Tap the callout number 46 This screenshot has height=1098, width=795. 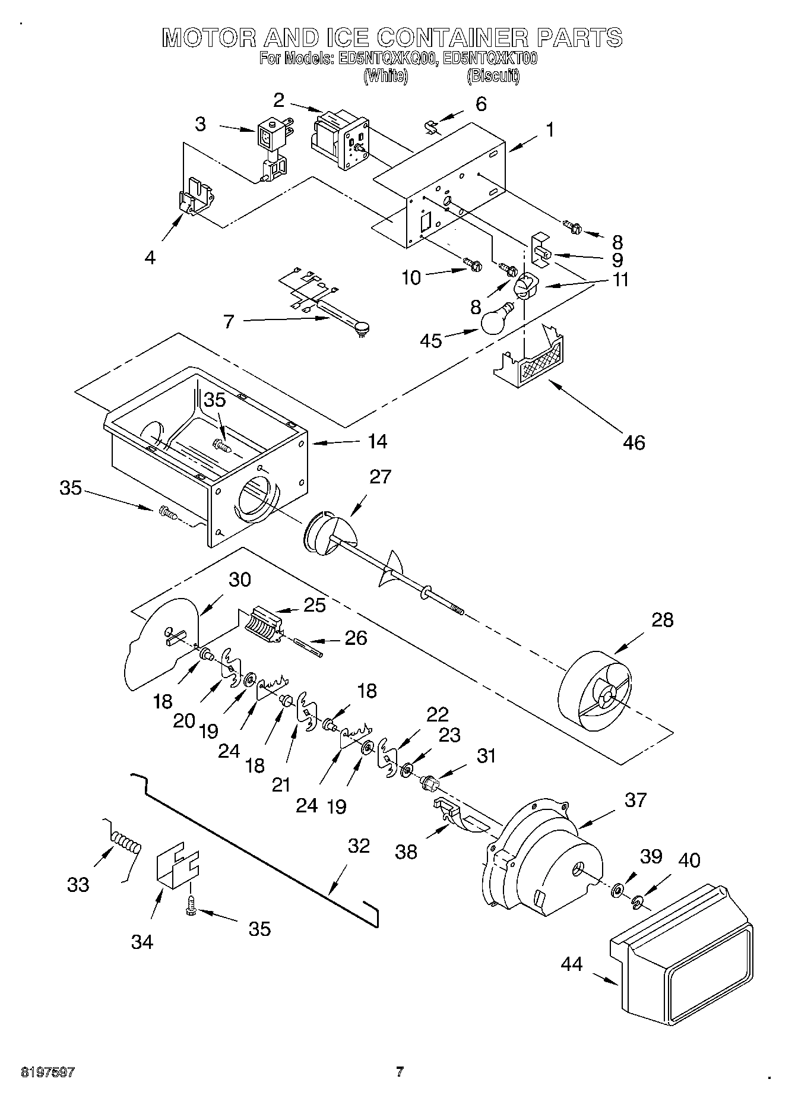coord(633,442)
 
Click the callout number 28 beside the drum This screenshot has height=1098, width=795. coord(662,619)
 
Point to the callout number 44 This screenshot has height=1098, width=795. coord(572,964)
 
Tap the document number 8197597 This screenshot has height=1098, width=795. coord(48,1072)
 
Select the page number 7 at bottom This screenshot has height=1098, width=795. coord(400,1072)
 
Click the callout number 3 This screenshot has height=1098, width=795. coord(200,124)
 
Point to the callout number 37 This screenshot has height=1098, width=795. coord(635,800)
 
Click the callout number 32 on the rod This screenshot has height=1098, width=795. coord(359,846)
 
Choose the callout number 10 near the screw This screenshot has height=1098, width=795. coord(411,277)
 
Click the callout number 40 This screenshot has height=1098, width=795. coord(689,860)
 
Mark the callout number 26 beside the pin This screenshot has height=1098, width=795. coord(355,637)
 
